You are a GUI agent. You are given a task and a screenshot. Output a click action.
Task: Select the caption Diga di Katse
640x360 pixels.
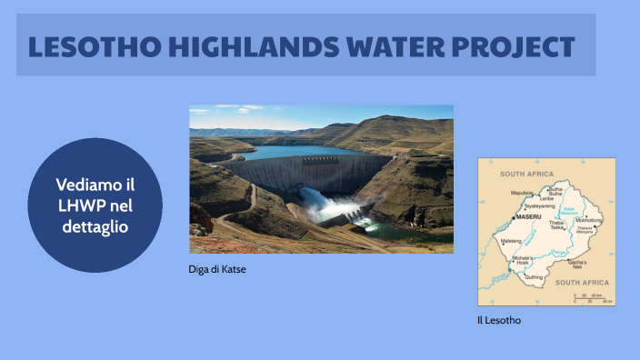217,268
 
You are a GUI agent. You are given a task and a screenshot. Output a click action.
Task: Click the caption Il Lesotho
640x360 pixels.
499,320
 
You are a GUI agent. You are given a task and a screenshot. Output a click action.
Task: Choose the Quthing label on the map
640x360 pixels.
534,277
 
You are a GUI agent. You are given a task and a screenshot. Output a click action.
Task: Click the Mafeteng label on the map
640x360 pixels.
511,240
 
